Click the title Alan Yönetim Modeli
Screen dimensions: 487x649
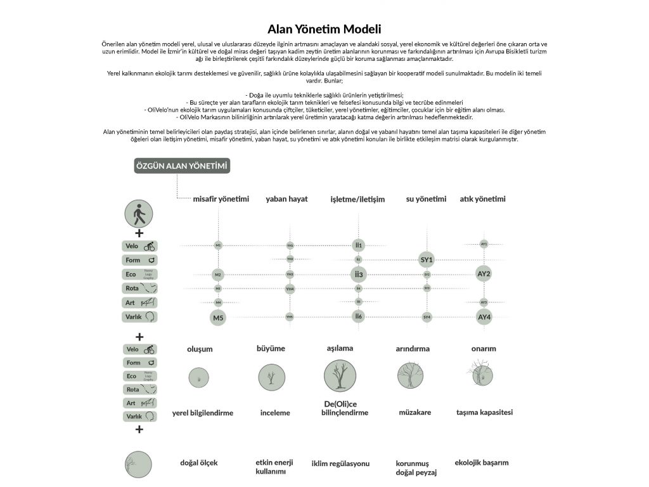coord(324,29)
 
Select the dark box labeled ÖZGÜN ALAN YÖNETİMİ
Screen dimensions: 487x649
coord(182,167)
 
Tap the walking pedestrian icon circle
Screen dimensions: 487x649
coord(139,214)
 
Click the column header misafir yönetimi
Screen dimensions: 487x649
coord(221,199)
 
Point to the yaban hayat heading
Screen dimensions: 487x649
coord(286,199)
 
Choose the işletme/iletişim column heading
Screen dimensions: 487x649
coord(357,199)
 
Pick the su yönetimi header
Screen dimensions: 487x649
coord(426,199)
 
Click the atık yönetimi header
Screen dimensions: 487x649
coord(482,199)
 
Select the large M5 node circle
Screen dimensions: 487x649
coord(219,318)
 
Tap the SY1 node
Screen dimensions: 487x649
coord(427,260)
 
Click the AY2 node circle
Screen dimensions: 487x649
coord(484,274)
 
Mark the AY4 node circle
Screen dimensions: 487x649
coord(484,316)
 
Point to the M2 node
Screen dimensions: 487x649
coord(218,275)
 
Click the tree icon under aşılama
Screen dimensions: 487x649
coord(340,376)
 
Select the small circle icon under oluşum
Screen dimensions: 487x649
coord(200,378)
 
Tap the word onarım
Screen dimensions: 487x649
coord(484,349)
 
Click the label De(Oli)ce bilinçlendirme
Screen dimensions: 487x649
coord(341,408)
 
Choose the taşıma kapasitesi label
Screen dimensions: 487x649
coord(484,412)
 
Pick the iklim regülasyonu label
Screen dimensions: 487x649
coord(340,464)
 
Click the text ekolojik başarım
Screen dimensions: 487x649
coord(482,462)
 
